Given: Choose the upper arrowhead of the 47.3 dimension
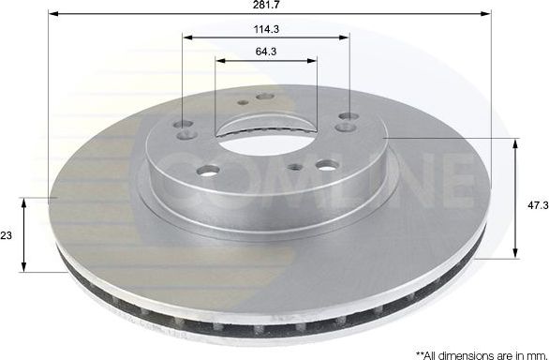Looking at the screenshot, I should (x=516, y=141).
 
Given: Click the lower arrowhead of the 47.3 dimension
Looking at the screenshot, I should (x=516, y=255).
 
